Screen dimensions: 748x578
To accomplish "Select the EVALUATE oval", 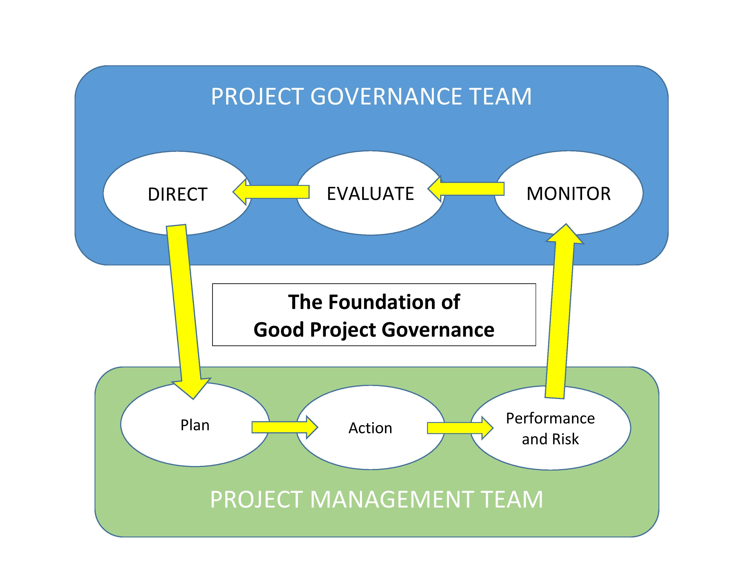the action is tap(370, 194).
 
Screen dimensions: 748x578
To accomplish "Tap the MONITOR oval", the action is tap(568, 194).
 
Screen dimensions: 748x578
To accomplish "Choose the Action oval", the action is tap(370, 428).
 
